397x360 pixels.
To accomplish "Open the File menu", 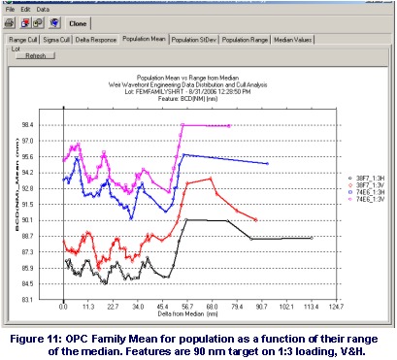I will tap(11, 7).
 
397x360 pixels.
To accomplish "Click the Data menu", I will tap(43, 7).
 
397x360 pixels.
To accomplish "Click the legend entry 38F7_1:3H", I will tap(367, 179).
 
